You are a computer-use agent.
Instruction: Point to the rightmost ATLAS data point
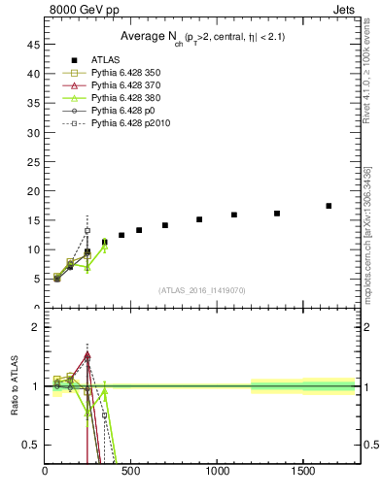[329, 206]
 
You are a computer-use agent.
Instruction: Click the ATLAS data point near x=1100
[234, 215]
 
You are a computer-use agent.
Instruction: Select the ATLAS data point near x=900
[199, 219]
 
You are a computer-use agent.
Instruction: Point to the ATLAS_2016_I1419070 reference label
[203, 289]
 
